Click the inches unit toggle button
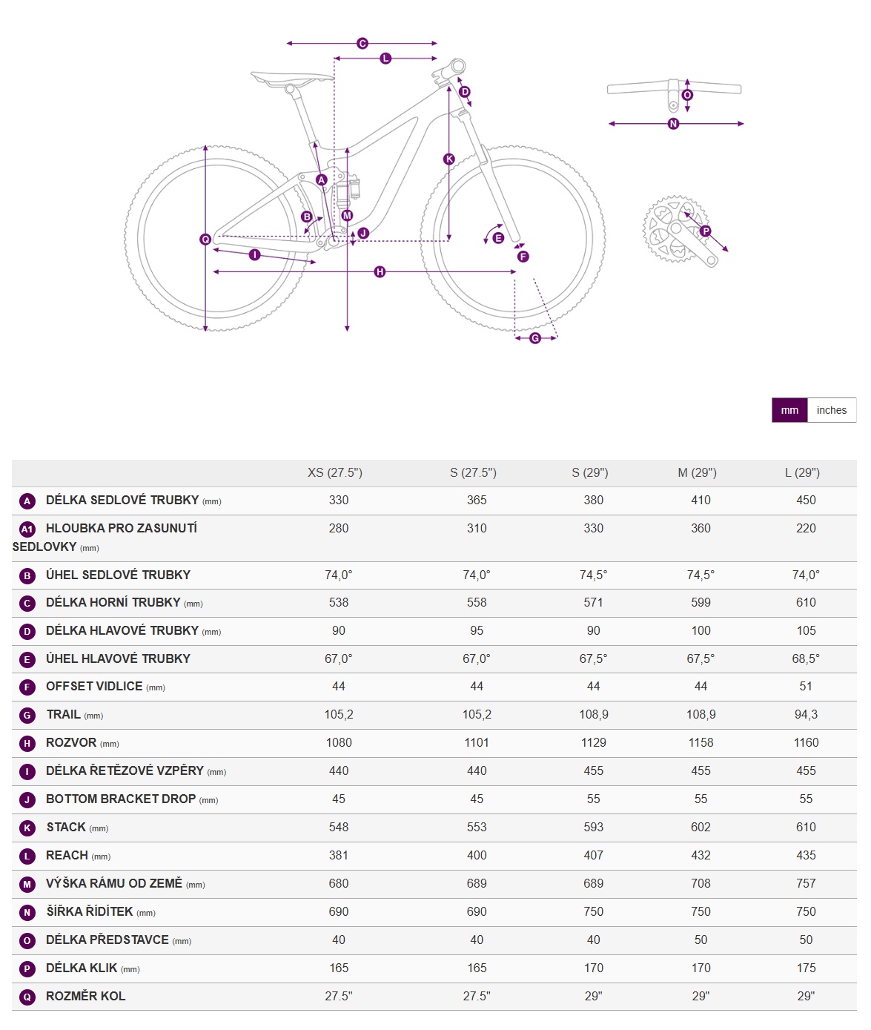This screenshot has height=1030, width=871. [831, 410]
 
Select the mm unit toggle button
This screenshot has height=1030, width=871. [789, 410]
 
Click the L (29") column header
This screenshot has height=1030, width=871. [806, 472]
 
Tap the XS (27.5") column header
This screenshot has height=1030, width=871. [335, 472]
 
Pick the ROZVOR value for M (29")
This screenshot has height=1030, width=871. [701, 742]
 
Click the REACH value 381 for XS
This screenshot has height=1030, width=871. [339, 855]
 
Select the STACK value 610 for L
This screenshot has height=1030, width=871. [806, 827]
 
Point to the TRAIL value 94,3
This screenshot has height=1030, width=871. [806, 714]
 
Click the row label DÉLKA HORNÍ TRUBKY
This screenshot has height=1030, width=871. [113, 602]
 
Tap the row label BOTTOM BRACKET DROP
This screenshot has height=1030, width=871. [121, 799]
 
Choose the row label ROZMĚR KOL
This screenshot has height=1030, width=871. [86, 996]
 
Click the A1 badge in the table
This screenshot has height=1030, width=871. [27, 529]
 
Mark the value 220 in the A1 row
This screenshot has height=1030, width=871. [806, 528]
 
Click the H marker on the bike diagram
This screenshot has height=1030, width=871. [380, 272]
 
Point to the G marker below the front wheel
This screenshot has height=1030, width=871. [535, 338]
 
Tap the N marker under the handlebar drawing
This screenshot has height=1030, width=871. [673, 124]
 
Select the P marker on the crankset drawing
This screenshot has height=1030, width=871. [705, 231]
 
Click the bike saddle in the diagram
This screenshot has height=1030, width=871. [291, 78]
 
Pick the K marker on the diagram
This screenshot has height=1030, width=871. [448, 159]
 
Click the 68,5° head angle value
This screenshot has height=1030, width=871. [806, 658]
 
